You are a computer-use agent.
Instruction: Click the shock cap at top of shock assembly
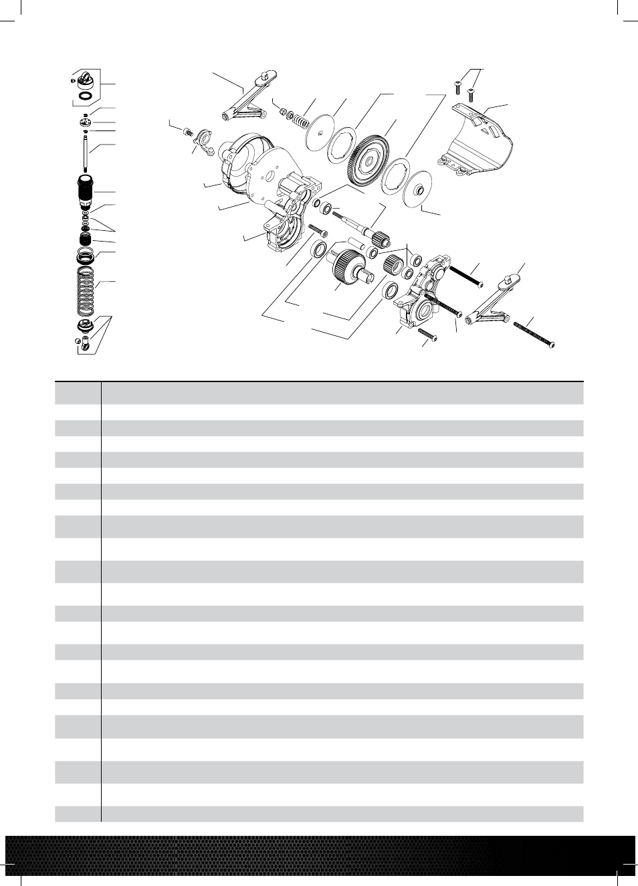coord(86,80)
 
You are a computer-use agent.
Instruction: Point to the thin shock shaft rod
coord(86,153)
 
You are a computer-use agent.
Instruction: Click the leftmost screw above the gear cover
coord(457,85)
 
